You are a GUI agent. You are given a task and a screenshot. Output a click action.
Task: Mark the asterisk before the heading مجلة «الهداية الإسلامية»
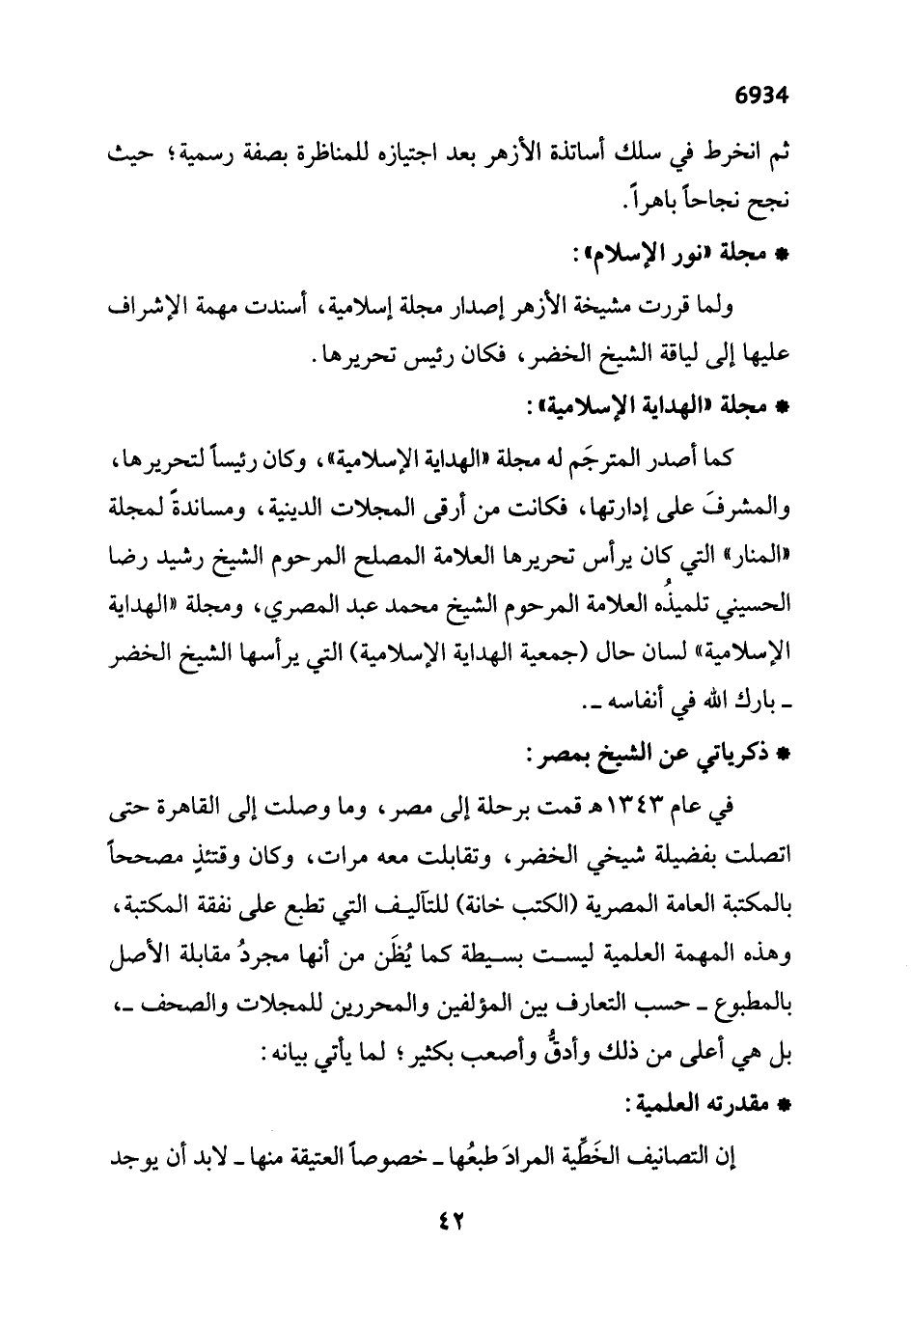(x=784, y=409)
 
